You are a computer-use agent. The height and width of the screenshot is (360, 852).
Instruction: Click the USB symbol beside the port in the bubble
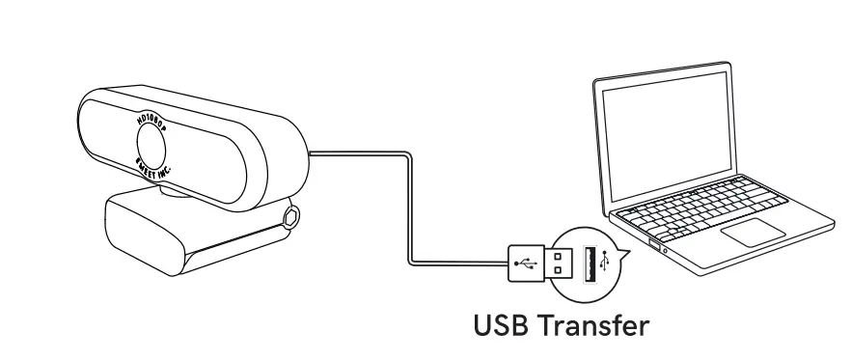click(604, 263)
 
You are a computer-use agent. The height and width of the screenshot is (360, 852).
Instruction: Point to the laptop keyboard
click(718, 203)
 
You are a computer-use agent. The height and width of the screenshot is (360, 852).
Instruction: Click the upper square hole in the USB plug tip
click(563, 256)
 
